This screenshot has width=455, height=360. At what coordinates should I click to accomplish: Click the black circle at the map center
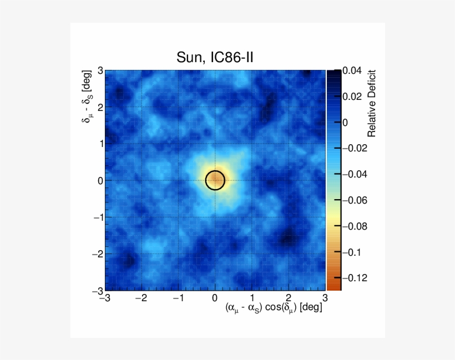point(215,180)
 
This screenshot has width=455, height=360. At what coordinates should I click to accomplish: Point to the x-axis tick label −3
point(104,298)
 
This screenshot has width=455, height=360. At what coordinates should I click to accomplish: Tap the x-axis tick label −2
point(141,298)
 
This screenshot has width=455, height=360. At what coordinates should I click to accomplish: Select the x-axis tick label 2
point(289,298)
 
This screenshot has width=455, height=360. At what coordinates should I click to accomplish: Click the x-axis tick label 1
point(252,298)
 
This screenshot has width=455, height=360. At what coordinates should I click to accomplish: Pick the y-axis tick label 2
point(100,107)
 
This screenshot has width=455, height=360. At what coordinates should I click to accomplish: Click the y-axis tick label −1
point(98,217)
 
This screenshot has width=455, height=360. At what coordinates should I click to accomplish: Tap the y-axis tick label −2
point(98,254)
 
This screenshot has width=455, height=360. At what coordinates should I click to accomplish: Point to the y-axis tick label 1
point(100,143)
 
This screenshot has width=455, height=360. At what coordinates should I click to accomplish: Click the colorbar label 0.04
point(352,71)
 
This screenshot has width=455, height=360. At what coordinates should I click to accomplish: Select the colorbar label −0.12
point(354,278)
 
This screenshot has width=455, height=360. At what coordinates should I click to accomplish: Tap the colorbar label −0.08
point(354,226)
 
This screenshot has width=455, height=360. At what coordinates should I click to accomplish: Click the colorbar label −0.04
point(354,175)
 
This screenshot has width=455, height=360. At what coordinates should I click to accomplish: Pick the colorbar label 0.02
point(352,97)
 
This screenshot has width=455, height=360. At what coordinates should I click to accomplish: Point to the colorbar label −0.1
point(352,252)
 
